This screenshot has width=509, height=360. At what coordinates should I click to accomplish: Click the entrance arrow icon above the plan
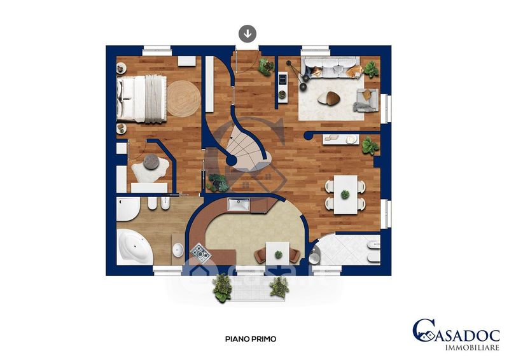(248, 34)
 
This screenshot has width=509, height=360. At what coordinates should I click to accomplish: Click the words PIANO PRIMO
(251, 339)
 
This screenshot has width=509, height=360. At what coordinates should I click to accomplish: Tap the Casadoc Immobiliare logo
(456, 335)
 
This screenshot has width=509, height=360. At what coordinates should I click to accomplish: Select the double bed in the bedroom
(141, 99)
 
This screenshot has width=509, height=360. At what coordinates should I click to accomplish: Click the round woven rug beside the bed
(184, 99)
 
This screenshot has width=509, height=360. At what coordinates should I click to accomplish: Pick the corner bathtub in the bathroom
(134, 247)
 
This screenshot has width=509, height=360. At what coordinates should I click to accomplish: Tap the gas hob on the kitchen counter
(200, 254)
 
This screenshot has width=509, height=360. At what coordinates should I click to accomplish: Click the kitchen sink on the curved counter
(239, 205)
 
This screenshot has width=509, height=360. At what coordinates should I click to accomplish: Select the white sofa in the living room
(330, 67)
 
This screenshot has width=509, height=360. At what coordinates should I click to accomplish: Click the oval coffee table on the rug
(329, 99)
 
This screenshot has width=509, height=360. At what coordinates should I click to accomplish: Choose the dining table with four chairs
(345, 195)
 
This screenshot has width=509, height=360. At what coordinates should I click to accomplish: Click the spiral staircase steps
(247, 150)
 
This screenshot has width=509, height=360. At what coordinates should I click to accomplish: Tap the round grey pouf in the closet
(151, 162)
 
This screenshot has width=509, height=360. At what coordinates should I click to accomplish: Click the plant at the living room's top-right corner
(371, 69)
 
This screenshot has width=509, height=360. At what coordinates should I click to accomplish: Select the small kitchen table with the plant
(278, 254)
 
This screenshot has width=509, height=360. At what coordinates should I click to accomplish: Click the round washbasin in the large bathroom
(178, 250)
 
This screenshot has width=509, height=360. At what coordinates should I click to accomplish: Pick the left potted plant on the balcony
(222, 288)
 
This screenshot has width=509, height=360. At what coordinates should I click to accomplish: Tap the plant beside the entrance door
(266, 67)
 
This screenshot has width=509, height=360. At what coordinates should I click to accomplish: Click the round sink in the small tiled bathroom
(314, 258)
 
